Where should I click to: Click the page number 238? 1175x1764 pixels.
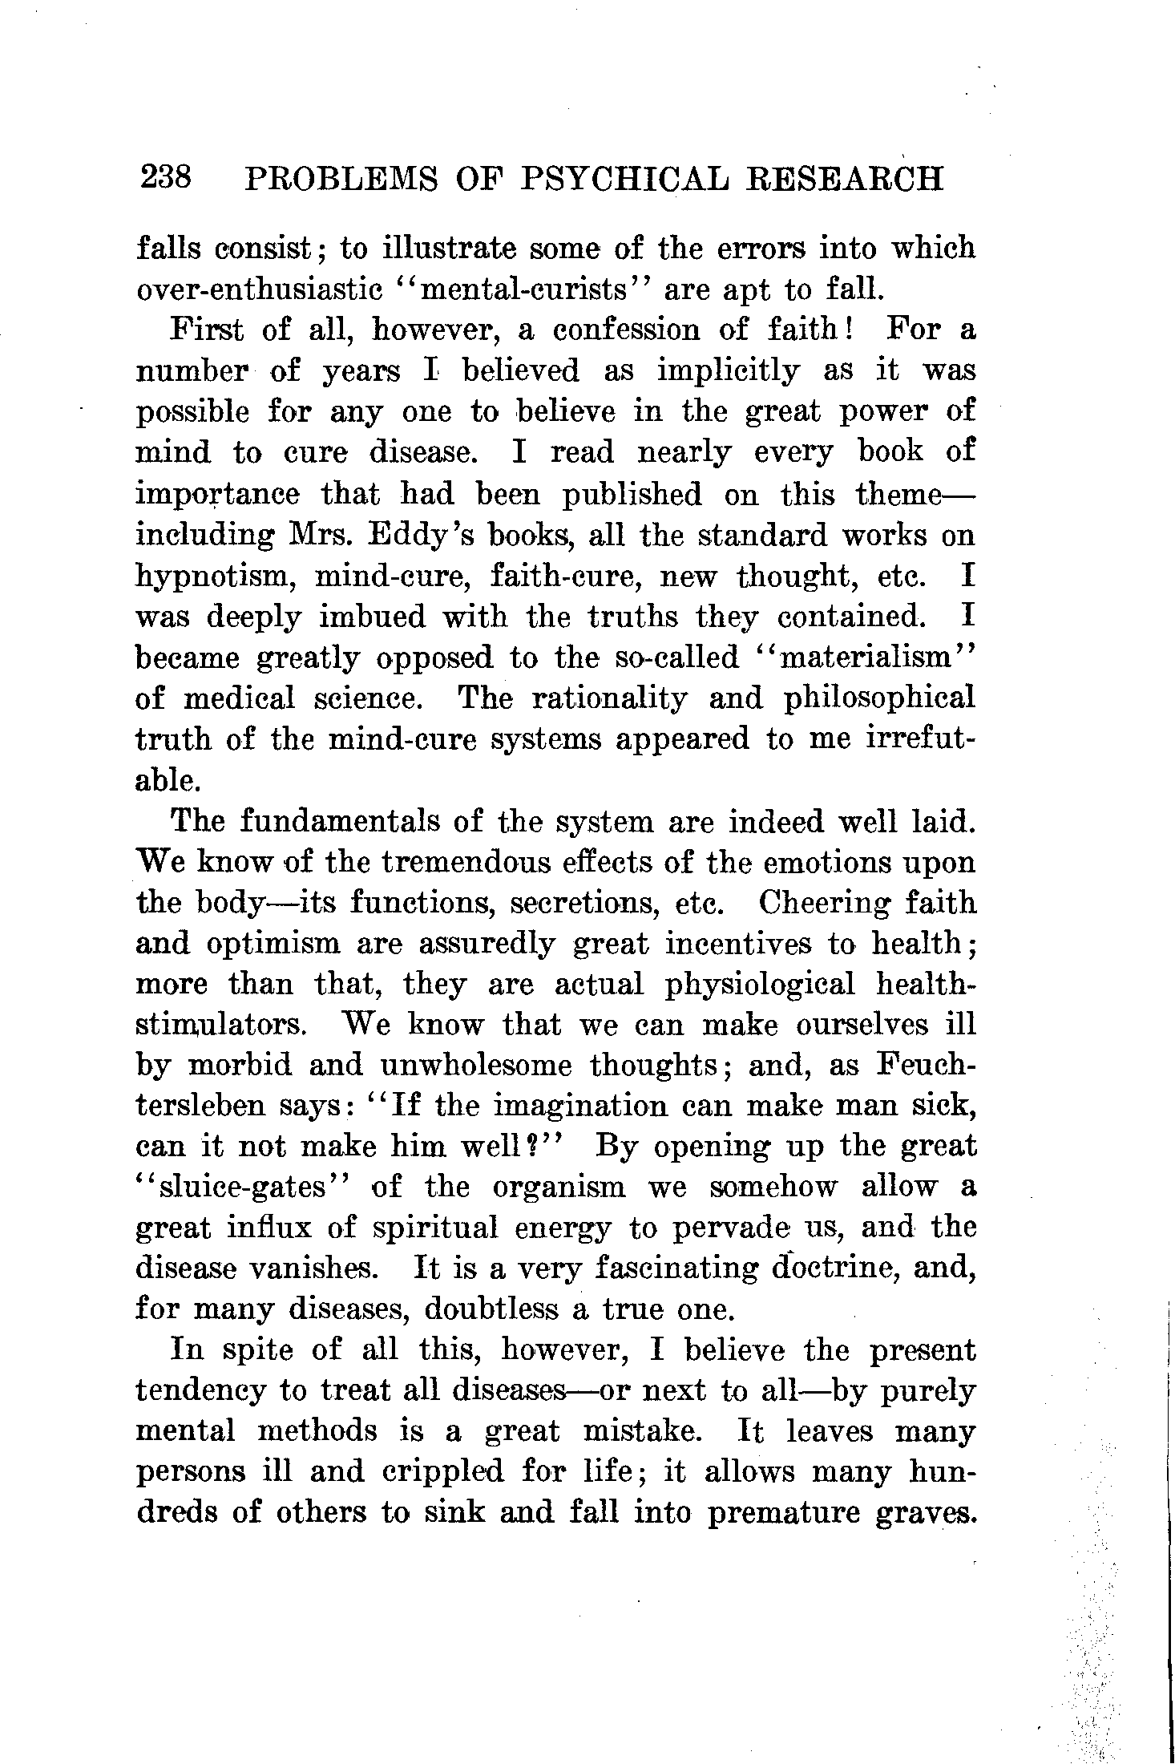point(165,177)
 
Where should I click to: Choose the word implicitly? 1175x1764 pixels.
point(728,370)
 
